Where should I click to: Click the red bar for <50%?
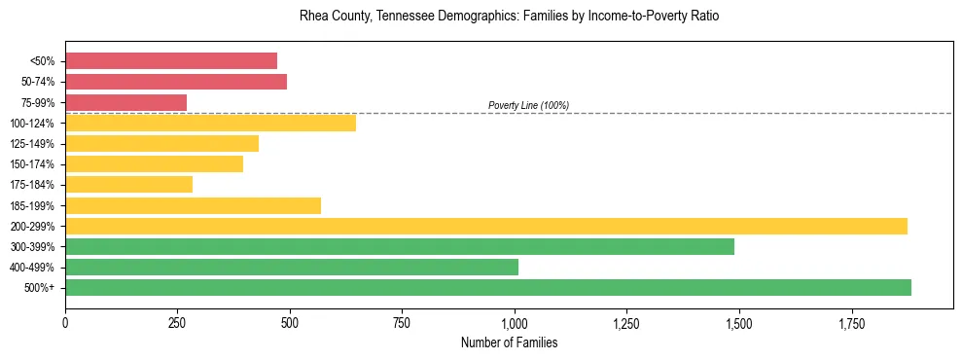[x=171, y=60]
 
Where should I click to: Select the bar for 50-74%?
[x=176, y=82]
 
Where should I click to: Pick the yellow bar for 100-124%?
[x=210, y=123]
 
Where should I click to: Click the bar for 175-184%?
[x=128, y=185]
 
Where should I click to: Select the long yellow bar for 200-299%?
[x=486, y=226]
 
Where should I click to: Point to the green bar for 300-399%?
[x=400, y=246]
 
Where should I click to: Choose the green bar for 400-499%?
[x=292, y=267]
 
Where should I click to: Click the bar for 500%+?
[x=488, y=287]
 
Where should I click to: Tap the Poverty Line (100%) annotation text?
[x=528, y=105]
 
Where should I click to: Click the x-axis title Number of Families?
[x=509, y=342]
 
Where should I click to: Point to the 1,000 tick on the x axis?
[x=515, y=322]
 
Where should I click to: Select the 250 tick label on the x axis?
[x=177, y=322]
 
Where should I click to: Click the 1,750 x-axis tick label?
[x=851, y=322]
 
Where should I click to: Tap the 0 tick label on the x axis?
[x=65, y=322]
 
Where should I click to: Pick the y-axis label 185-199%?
[x=32, y=205]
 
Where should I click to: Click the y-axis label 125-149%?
[x=32, y=144]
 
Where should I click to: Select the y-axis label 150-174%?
[x=32, y=164]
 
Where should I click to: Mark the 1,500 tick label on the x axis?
[x=739, y=322]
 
